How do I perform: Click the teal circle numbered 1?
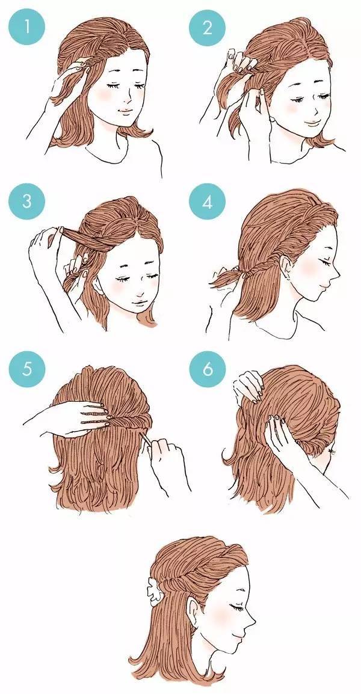click(x=26, y=27)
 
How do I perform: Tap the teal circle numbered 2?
click(x=208, y=27)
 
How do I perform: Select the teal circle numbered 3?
click(x=26, y=201)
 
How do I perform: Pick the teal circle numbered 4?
click(x=208, y=201)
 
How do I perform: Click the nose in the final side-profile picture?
click(x=251, y=619)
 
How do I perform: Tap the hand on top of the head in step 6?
click(x=248, y=384)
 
